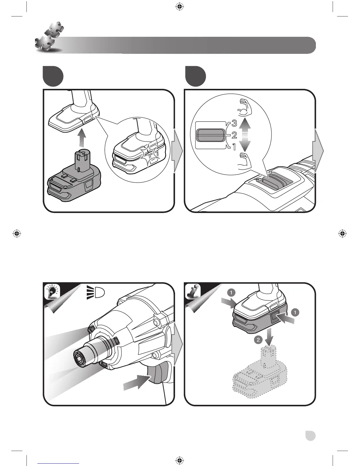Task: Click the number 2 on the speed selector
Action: coord(234,135)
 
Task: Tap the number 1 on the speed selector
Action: coord(234,147)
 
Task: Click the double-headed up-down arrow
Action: coord(244,134)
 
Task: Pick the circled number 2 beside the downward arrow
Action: coord(258,340)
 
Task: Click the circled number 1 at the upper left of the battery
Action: coord(231,292)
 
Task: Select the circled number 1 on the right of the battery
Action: coord(295,312)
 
